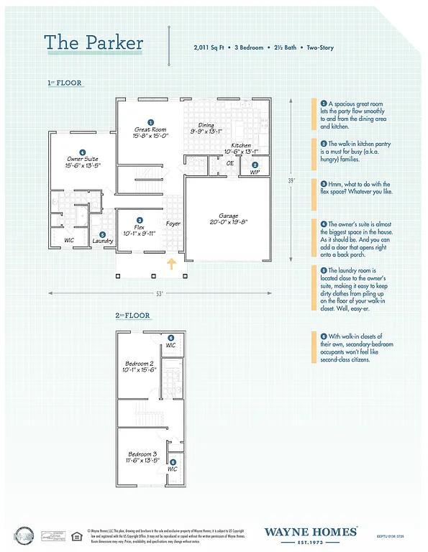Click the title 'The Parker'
(94, 42)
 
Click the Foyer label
(173, 224)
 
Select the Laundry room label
(103, 241)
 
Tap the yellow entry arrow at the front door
(171, 265)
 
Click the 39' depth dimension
(291, 180)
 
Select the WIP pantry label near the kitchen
(255, 172)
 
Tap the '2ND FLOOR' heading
(132, 316)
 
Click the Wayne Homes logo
(311, 533)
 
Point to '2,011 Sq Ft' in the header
(209, 47)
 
